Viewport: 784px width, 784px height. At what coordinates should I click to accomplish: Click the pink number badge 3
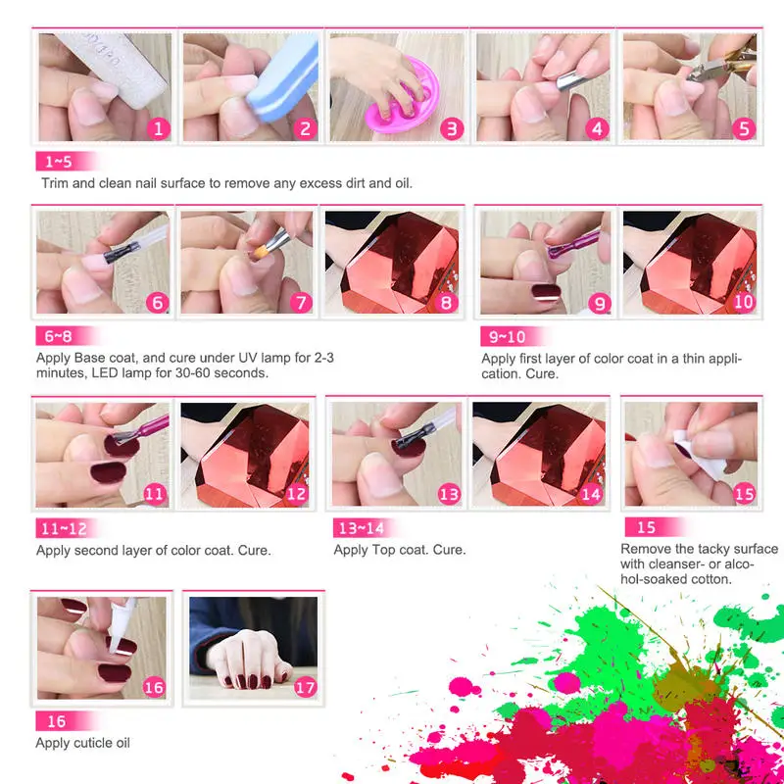click(450, 128)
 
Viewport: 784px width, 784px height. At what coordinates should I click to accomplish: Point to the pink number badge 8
click(447, 302)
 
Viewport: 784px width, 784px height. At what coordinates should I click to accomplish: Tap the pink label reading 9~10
click(510, 337)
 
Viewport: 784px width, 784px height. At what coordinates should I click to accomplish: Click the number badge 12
click(296, 495)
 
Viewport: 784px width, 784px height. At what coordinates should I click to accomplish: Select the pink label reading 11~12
click(64, 529)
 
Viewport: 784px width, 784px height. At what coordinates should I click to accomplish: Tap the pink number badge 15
click(744, 494)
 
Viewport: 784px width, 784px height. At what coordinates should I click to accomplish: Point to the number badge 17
click(306, 686)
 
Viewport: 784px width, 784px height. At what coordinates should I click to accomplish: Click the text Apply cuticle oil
click(83, 743)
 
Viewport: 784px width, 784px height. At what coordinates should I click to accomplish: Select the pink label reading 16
click(56, 721)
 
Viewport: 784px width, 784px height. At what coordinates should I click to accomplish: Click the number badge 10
click(744, 302)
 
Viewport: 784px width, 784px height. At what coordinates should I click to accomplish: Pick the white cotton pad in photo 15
click(686, 441)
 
